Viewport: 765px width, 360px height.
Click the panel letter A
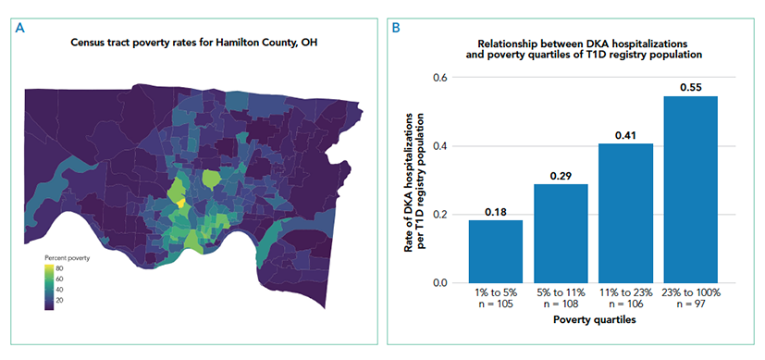20,28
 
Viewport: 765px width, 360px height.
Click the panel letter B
396,28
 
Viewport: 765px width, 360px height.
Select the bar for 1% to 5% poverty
495,251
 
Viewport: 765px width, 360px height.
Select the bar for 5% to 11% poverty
561,233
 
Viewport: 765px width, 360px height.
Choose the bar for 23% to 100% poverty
690,189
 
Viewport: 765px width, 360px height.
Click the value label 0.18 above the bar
495,211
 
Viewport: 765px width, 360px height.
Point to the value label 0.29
561,176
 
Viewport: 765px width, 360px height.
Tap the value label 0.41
626,135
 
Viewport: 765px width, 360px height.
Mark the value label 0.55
690,87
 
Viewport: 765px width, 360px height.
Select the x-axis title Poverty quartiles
592,319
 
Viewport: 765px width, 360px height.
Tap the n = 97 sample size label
690,303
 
